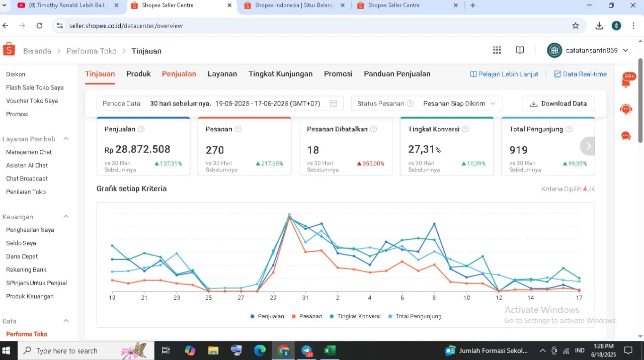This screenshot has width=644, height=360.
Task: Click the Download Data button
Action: click(558, 104)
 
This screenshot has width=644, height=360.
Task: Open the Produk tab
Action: click(138, 74)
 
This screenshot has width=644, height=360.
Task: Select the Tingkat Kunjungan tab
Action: click(280, 74)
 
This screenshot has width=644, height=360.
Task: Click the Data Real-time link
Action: click(580, 74)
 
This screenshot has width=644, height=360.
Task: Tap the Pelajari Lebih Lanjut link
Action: click(504, 74)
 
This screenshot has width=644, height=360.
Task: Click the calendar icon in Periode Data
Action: click(334, 104)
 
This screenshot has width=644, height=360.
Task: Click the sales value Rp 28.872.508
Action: click(137, 149)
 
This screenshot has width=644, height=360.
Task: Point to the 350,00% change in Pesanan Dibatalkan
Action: click(371, 163)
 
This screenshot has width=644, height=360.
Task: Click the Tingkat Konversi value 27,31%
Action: click(424, 149)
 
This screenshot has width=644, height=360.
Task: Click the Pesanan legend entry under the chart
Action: click(307, 316)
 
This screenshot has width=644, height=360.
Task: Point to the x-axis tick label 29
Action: click(273, 298)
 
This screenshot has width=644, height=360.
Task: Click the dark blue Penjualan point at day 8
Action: click(434, 224)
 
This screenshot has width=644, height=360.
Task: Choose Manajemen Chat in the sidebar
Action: click(29, 152)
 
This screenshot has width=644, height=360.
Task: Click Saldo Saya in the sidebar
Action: click(21, 243)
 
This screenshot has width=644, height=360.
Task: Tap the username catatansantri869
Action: click(592, 51)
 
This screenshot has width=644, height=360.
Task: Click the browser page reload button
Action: click(39, 26)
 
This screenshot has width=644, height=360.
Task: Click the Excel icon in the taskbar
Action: click(330, 350)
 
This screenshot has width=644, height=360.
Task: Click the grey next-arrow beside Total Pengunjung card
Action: click(588, 146)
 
